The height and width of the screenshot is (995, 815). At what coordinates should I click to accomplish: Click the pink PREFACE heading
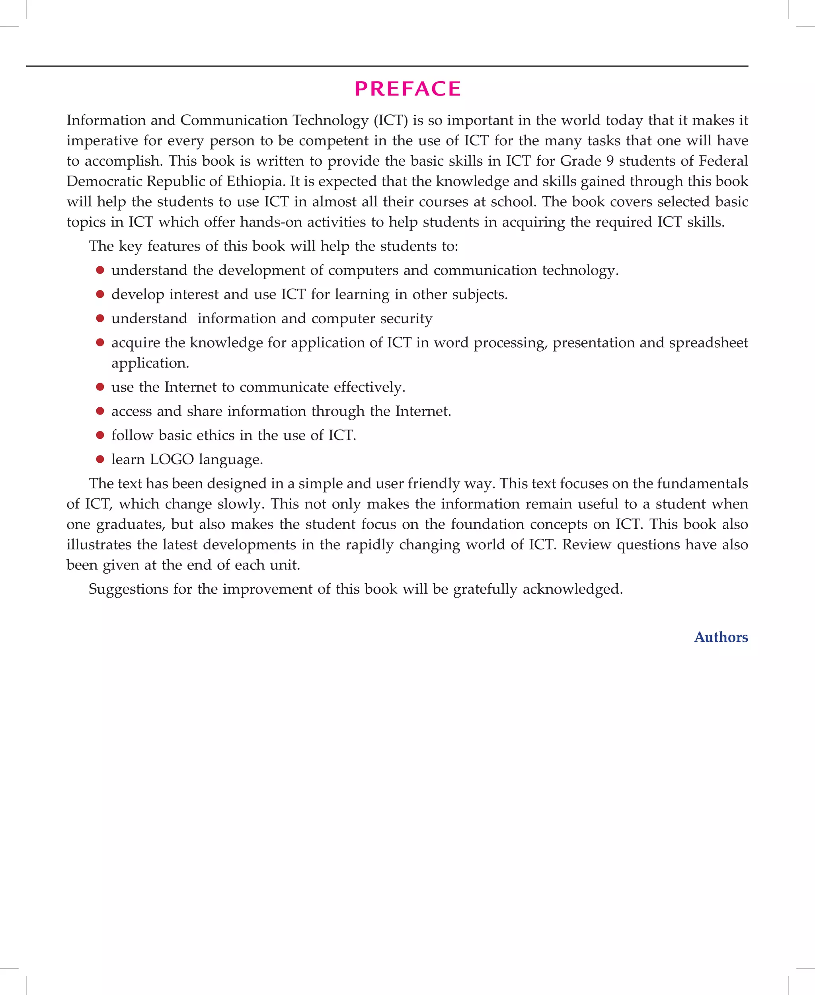407,89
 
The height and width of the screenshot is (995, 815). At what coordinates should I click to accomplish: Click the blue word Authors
721,637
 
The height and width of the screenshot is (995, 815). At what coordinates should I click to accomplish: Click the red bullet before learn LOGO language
100,459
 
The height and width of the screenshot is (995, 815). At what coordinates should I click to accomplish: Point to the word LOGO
172,459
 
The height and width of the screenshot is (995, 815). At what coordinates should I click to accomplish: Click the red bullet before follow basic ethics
100,435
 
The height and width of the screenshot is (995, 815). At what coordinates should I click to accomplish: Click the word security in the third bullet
406,319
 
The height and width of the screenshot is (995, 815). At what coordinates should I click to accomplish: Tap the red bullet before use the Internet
100,387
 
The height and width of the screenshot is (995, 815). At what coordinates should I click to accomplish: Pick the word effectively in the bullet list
369,387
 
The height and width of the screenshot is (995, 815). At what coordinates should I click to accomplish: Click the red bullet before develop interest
100,294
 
